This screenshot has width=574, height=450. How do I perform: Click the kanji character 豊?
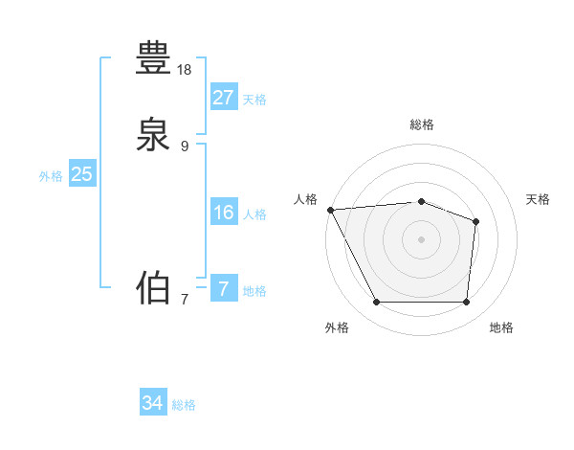tap(154, 57)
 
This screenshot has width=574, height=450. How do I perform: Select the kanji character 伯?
tap(154, 286)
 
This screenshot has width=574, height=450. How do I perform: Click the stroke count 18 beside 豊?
tap(185, 70)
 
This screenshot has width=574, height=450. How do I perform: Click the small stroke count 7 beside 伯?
tap(185, 300)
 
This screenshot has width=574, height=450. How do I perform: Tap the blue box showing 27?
tap(223, 97)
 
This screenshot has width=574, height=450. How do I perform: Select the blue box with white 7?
tap(223, 288)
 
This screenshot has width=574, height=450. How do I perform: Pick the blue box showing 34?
tap(152, 403)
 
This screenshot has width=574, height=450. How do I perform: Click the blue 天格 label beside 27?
tap(254, 100)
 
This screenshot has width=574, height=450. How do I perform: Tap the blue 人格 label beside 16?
tap(254, 214)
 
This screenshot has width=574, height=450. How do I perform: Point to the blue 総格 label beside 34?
tap(184, 406)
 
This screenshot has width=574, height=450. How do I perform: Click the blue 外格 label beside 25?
tap(51, 176)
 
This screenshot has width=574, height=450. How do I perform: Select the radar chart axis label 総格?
tap(421, 124)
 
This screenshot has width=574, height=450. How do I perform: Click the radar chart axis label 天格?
tap(538, 199)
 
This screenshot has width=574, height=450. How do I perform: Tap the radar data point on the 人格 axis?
tap(330, 210)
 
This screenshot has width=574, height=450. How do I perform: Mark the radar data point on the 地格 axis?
tap(466, 303)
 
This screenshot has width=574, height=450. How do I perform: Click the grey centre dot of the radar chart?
tap(421, 239)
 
